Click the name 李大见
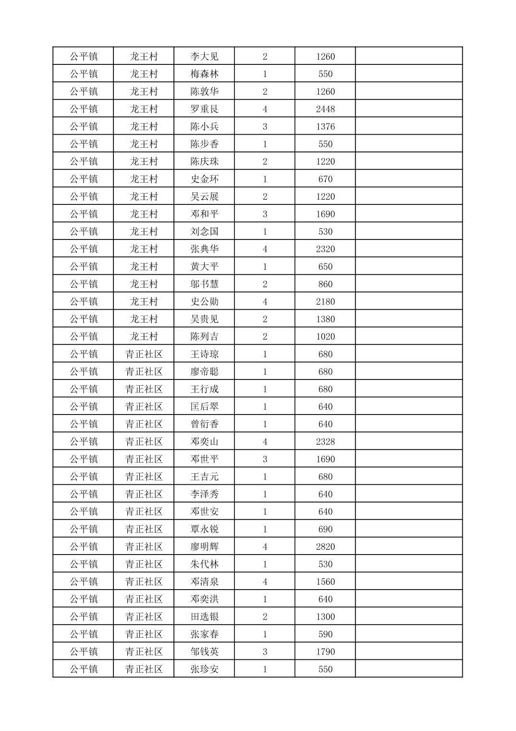click(204, 56)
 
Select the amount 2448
click(325, 109)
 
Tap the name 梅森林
click(204, 74)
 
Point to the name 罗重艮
click(204, 109)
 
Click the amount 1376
click(325, 126)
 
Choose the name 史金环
click(204, 179)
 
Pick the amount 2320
click(325, 249)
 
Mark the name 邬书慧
click(204, 284)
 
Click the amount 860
click(325, 284)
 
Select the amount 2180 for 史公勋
click(325, 302)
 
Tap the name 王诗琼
click(204, 354)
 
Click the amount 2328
click(325, 441)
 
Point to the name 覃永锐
click(204, 529)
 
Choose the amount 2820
click(325, 547)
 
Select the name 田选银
click(204, 617)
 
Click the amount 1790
click(325, 652)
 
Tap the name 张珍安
click(204, 669)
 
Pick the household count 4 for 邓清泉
click(265, 582)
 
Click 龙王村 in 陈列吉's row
click(144, 337)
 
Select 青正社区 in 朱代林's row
click(144, 564)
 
